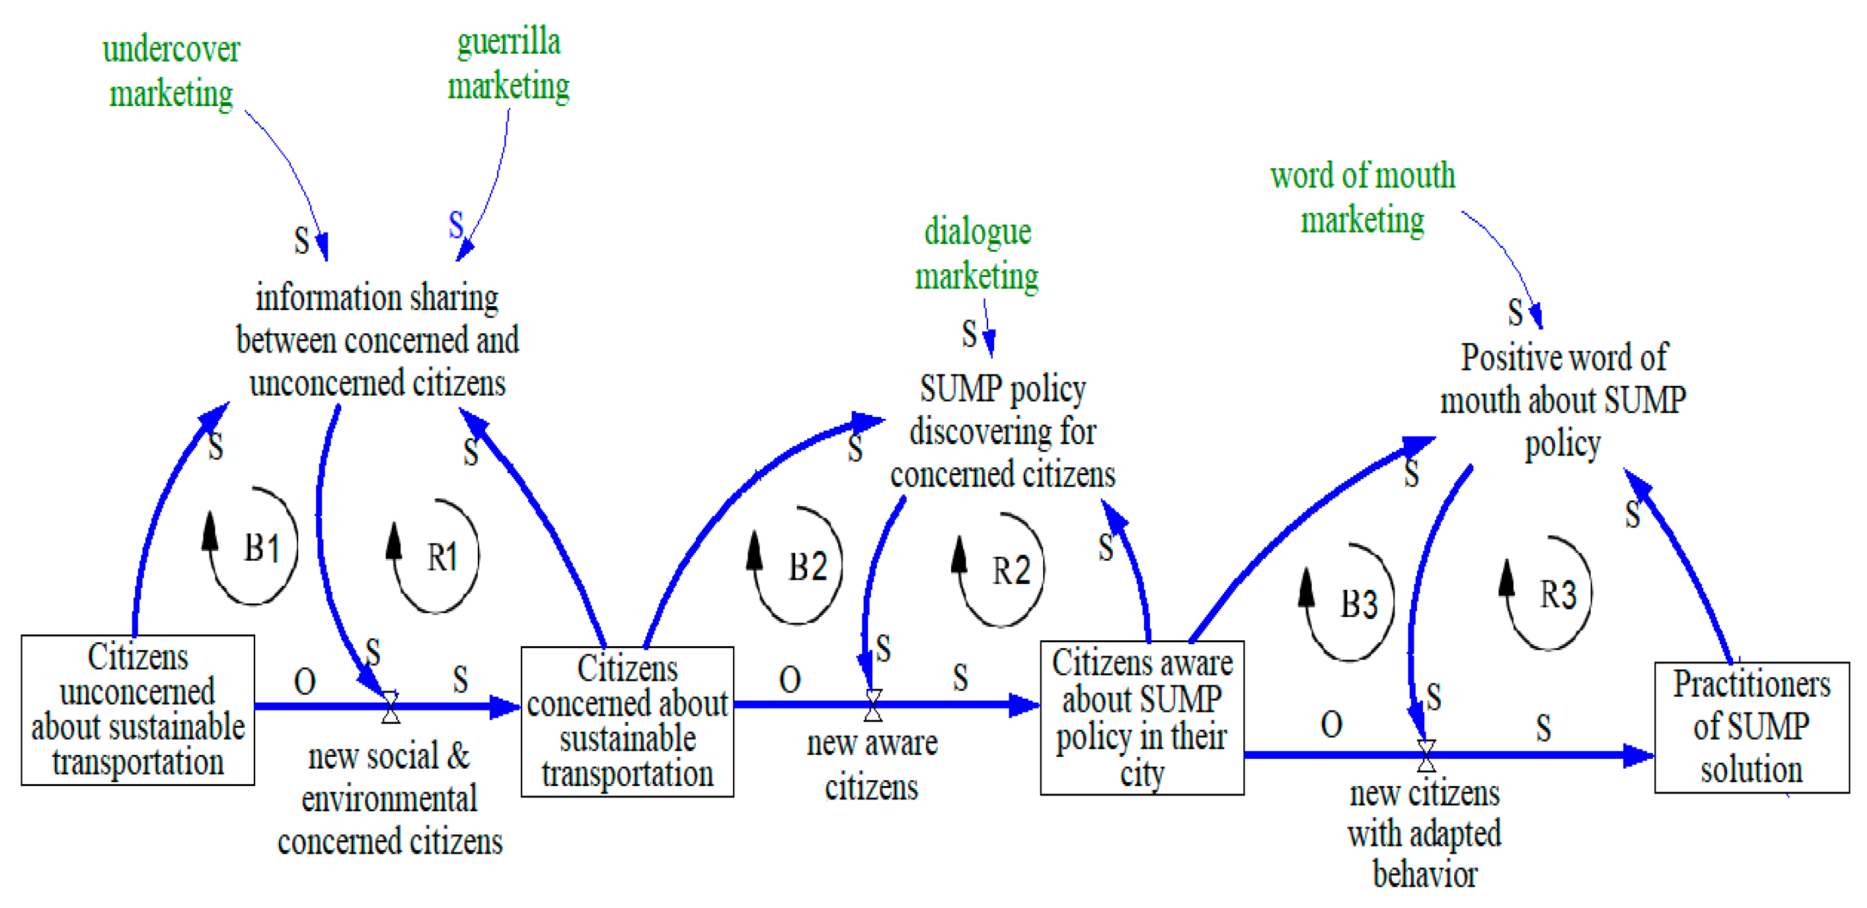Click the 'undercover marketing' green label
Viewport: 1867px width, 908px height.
coord(171,72)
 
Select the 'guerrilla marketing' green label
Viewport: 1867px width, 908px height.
coord(509,64)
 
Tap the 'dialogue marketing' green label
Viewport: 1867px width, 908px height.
coord(977,254)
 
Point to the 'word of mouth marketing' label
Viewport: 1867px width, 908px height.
coord(1363,197)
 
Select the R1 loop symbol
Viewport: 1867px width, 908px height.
coord(437,557)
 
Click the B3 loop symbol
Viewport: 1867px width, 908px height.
coord(1351,603)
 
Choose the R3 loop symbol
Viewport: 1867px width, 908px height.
coord(1551,595)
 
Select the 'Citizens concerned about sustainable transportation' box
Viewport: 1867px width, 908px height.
coord(627,721)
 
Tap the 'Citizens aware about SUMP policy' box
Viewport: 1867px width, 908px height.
coord(1141,717)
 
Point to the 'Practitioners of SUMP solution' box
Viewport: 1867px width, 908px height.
coord(1751,727)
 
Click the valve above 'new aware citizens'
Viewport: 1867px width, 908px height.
coord(874,705)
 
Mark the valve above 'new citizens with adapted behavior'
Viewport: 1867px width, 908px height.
coord(1426,756)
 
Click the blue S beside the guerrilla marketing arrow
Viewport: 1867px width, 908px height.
coord(456,225)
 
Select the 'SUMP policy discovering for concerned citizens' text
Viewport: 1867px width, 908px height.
coord(1002,432)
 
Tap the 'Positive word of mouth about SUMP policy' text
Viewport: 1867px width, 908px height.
coord(1563,400)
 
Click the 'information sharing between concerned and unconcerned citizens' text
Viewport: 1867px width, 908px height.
coord(378,341)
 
